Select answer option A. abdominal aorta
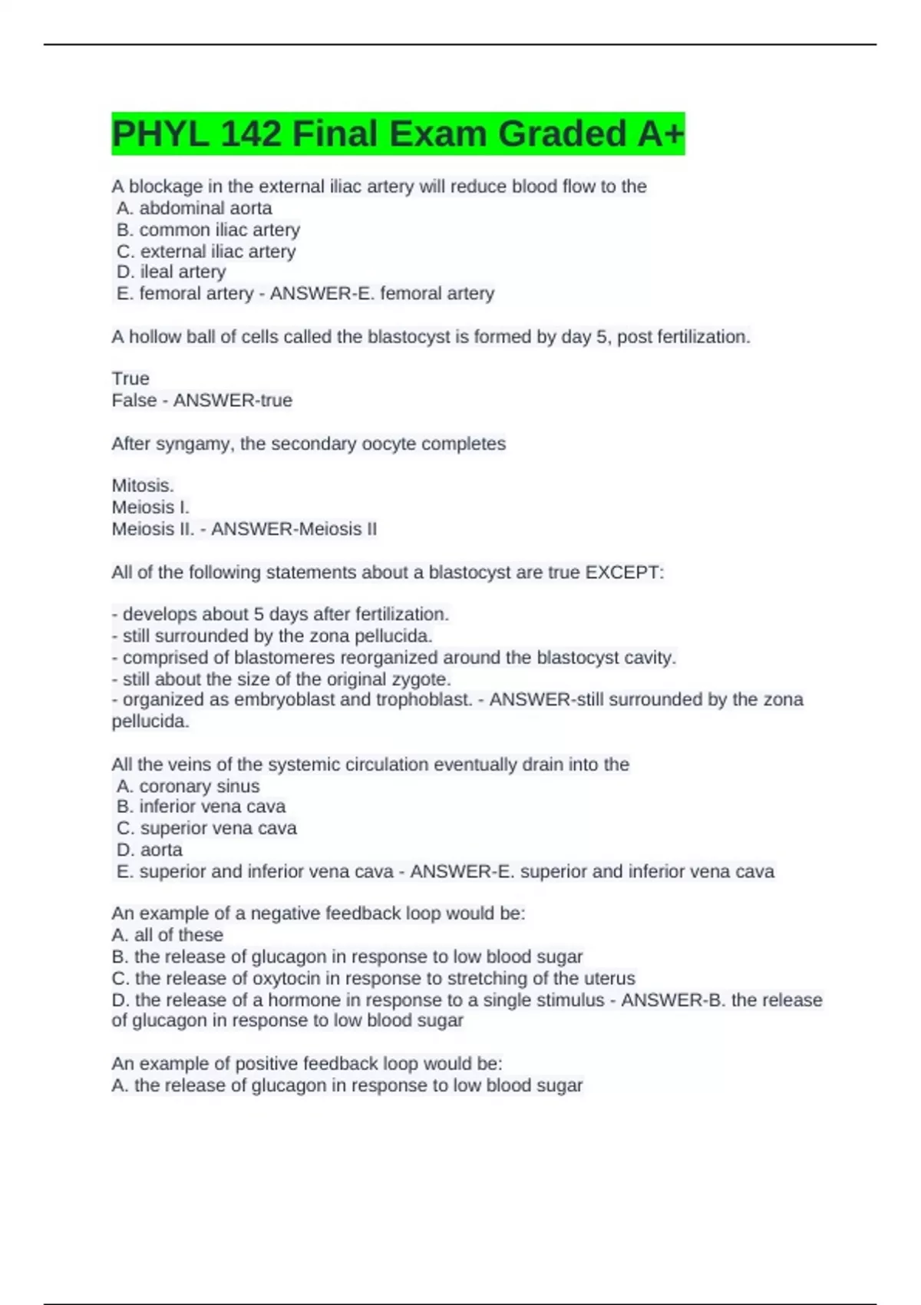pyautogui.click(x=194, y=208)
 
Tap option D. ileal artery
pyautogui.click(x=171, y=272)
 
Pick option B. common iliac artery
pyautogui.click(x=208, y=230)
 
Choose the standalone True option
pyautogui.click(x=130, y=378)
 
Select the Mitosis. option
pyautogui.click(x=143, y=486)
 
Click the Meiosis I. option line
pyautogui.click(x=150, y=507)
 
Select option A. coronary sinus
pyautogui.click(x=188, y=786)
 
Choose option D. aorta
pyautogui.click(x=150, y=850)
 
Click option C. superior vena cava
pyautogui.click(x=206, y=828)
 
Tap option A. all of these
pyautogui.click(x=167, y=935)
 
